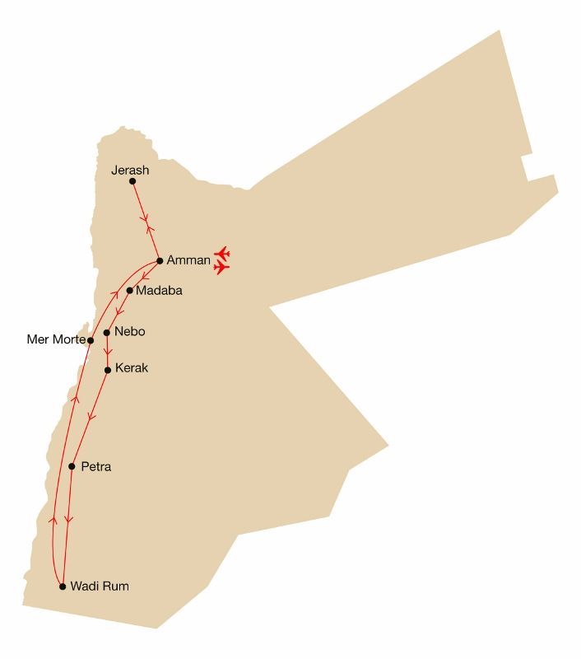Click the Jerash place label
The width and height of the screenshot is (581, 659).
tap(130, 171)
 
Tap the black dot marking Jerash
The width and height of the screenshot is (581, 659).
tap(132, 181)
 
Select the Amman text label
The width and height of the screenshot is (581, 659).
tap(188, 260)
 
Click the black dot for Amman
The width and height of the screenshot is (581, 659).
tap(160, 260)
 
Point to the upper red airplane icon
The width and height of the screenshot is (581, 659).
tap(221, 252)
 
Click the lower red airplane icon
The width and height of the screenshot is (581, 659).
tap(221, 267)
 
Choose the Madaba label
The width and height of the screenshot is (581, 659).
tap(159, 291)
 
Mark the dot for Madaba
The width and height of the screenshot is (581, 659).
tap(130, 291)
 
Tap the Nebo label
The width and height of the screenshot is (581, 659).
tap(130, 331)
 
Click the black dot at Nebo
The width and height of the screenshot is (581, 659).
tap(107, 333)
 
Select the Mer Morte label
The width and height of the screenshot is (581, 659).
tap(54, 339)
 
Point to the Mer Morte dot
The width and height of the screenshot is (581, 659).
tap(91, 340)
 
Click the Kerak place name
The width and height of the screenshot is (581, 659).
tap(132, 368)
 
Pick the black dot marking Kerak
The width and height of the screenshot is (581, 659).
tap(108, 370)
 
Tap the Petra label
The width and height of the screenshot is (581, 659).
tap(96, 467)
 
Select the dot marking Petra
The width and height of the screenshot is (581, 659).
tap(72, 467)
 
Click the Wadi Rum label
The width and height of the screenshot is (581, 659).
tap(100, 587)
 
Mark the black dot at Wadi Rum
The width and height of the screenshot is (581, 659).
tap(63, 587)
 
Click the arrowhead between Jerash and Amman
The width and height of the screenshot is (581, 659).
tap(146, 221)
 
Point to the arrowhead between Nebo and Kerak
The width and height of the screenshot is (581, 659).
tap(108, 352)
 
